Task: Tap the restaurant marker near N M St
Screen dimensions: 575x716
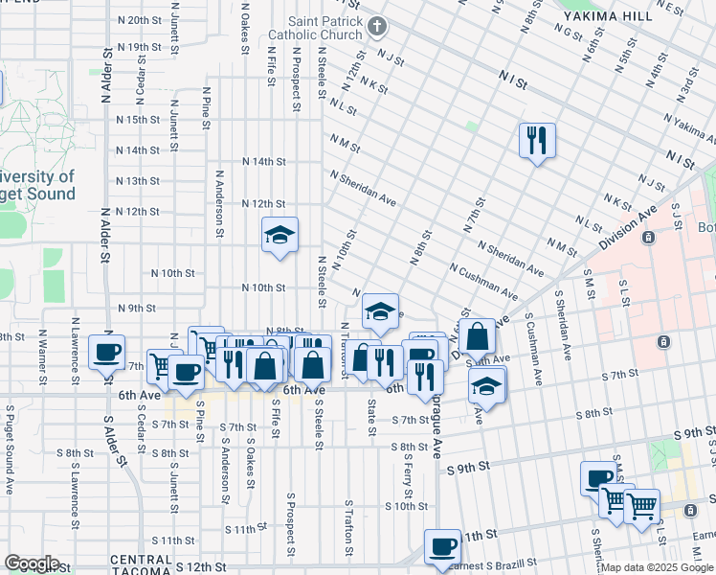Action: point(537,141)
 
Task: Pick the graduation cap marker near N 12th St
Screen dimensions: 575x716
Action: point(280,236)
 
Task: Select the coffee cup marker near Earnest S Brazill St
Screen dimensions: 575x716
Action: point(441,547)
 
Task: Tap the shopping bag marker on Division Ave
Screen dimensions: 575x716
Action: point(477,337)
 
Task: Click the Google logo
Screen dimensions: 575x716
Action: point(32,563)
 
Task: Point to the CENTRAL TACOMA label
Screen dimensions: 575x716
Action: point(143,560)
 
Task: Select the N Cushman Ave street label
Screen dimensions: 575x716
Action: point(483,283)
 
